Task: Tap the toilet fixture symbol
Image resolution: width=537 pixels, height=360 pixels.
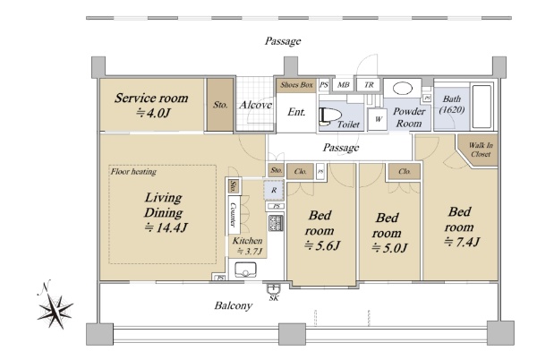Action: pyautogui.click(x=330, y=116)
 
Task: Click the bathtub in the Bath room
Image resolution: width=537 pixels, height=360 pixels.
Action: pyautogui.click(x=482, y=107)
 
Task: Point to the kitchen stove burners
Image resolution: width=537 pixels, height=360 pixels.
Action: pyautogui.click(x=276, y=223)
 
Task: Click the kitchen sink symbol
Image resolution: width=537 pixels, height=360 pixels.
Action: pyautogui.click(x=245, y=270)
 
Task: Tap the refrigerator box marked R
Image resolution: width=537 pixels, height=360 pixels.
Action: pyautogui.click(x=274, y=190)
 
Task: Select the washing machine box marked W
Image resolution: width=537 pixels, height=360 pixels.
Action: pyautogui.click(x=377, y=119)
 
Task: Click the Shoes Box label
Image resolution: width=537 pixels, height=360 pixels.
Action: pyautogui.click(x=296, y=85)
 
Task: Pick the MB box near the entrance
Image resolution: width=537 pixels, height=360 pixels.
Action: pyautogui.click(x=343, y=84)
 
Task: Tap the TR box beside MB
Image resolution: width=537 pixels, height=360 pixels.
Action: pyautogui.click(x=369, y=84)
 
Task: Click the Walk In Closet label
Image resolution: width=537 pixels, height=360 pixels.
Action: pyautogui.click(x=481, y=150)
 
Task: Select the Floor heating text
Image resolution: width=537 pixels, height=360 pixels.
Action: pyautogui.click(x=133, y=172)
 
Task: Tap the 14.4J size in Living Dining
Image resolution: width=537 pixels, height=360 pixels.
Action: pyautogui.click(x=166, y=227)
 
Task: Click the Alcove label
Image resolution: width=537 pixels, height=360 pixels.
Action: pyautogui.click(x=255, y=105)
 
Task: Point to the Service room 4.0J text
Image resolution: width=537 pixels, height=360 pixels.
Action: pyautogui.click(x=151, y=105)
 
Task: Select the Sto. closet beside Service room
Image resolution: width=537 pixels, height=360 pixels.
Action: pyautogui.click(x=220, y=105)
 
